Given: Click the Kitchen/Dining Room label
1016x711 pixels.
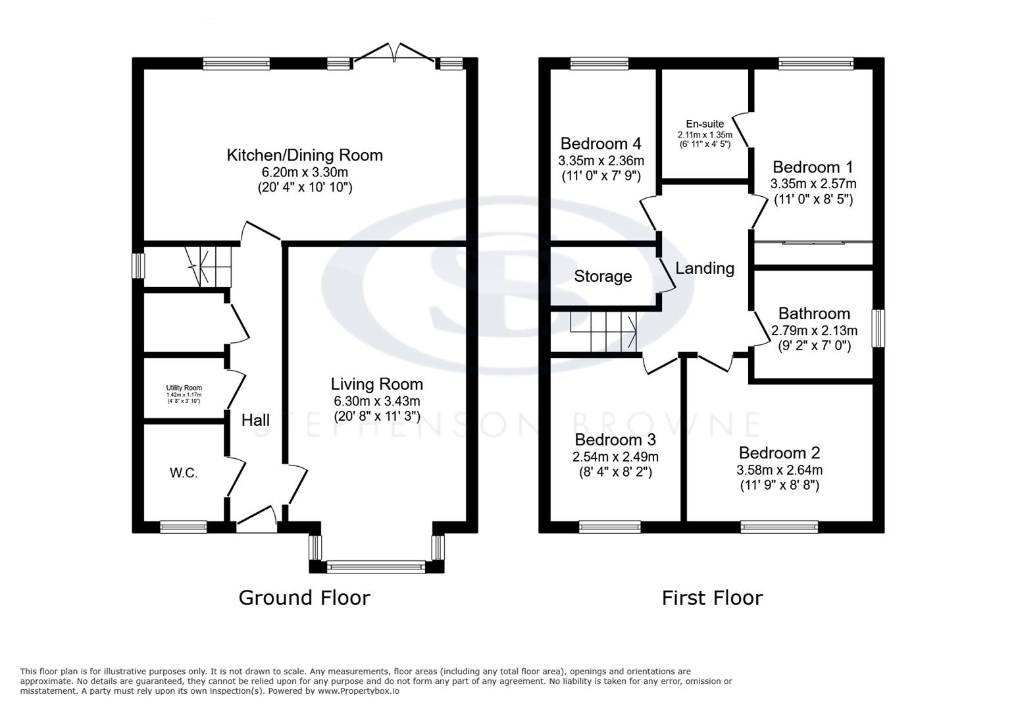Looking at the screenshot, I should coord(305,155).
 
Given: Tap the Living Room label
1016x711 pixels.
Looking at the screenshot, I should coord(376,384).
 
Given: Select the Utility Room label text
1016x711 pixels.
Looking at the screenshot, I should coord(184,388).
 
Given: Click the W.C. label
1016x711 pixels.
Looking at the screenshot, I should coord(184,473).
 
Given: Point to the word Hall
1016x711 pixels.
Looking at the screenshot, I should coord(255,420).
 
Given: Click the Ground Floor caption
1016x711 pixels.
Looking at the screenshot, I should coord(304,598).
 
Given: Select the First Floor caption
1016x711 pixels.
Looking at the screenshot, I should coord(712,598).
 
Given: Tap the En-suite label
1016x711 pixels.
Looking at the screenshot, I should coord(705,124).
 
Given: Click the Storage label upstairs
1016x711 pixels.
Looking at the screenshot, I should coord(603,276).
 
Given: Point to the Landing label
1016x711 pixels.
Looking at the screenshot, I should coord(705,268).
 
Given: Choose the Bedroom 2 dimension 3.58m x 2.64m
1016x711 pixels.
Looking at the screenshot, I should coord(779,470).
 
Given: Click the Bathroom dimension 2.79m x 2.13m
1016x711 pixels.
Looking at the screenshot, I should coord(814,330).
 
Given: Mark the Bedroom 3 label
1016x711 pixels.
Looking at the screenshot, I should coord(615,440).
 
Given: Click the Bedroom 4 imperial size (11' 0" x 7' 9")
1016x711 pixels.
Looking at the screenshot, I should coord(601,176).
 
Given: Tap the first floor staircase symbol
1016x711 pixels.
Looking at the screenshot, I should coord(603,332).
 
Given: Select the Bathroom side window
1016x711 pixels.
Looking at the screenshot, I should coord(878,328).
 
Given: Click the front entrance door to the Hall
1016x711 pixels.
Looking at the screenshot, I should coord(257,520).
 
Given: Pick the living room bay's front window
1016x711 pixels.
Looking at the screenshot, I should coord(376,566).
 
